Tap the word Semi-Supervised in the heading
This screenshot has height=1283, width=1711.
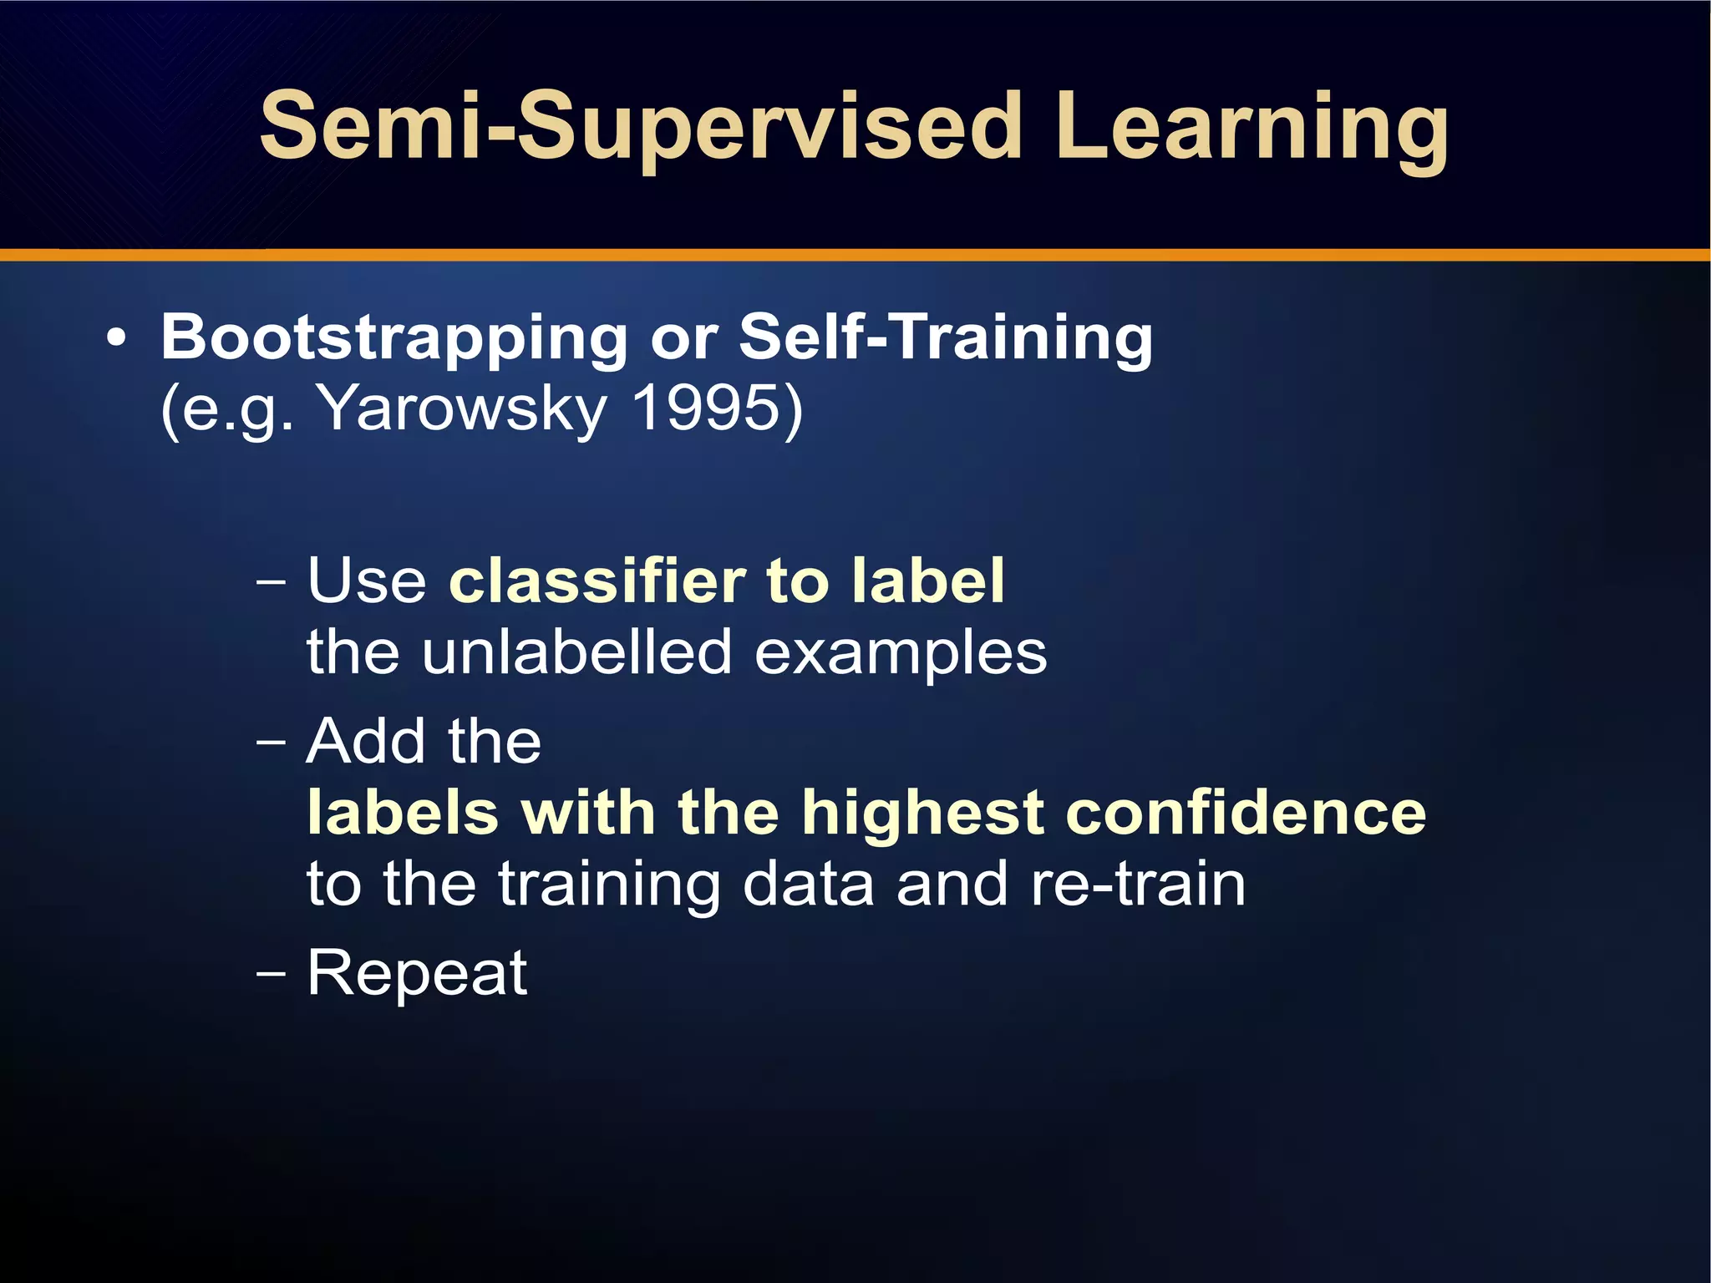641,127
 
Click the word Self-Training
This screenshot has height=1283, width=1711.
946,337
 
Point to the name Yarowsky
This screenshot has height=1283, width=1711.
464,409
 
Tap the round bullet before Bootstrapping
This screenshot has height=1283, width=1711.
117,339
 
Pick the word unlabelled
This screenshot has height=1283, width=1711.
576,652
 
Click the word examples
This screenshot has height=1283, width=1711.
901,654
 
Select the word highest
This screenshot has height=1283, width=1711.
923,814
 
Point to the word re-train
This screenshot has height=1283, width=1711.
1138,884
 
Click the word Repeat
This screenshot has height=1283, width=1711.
417,973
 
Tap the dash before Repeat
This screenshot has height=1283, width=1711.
272,974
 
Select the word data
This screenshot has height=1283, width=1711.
808,884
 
